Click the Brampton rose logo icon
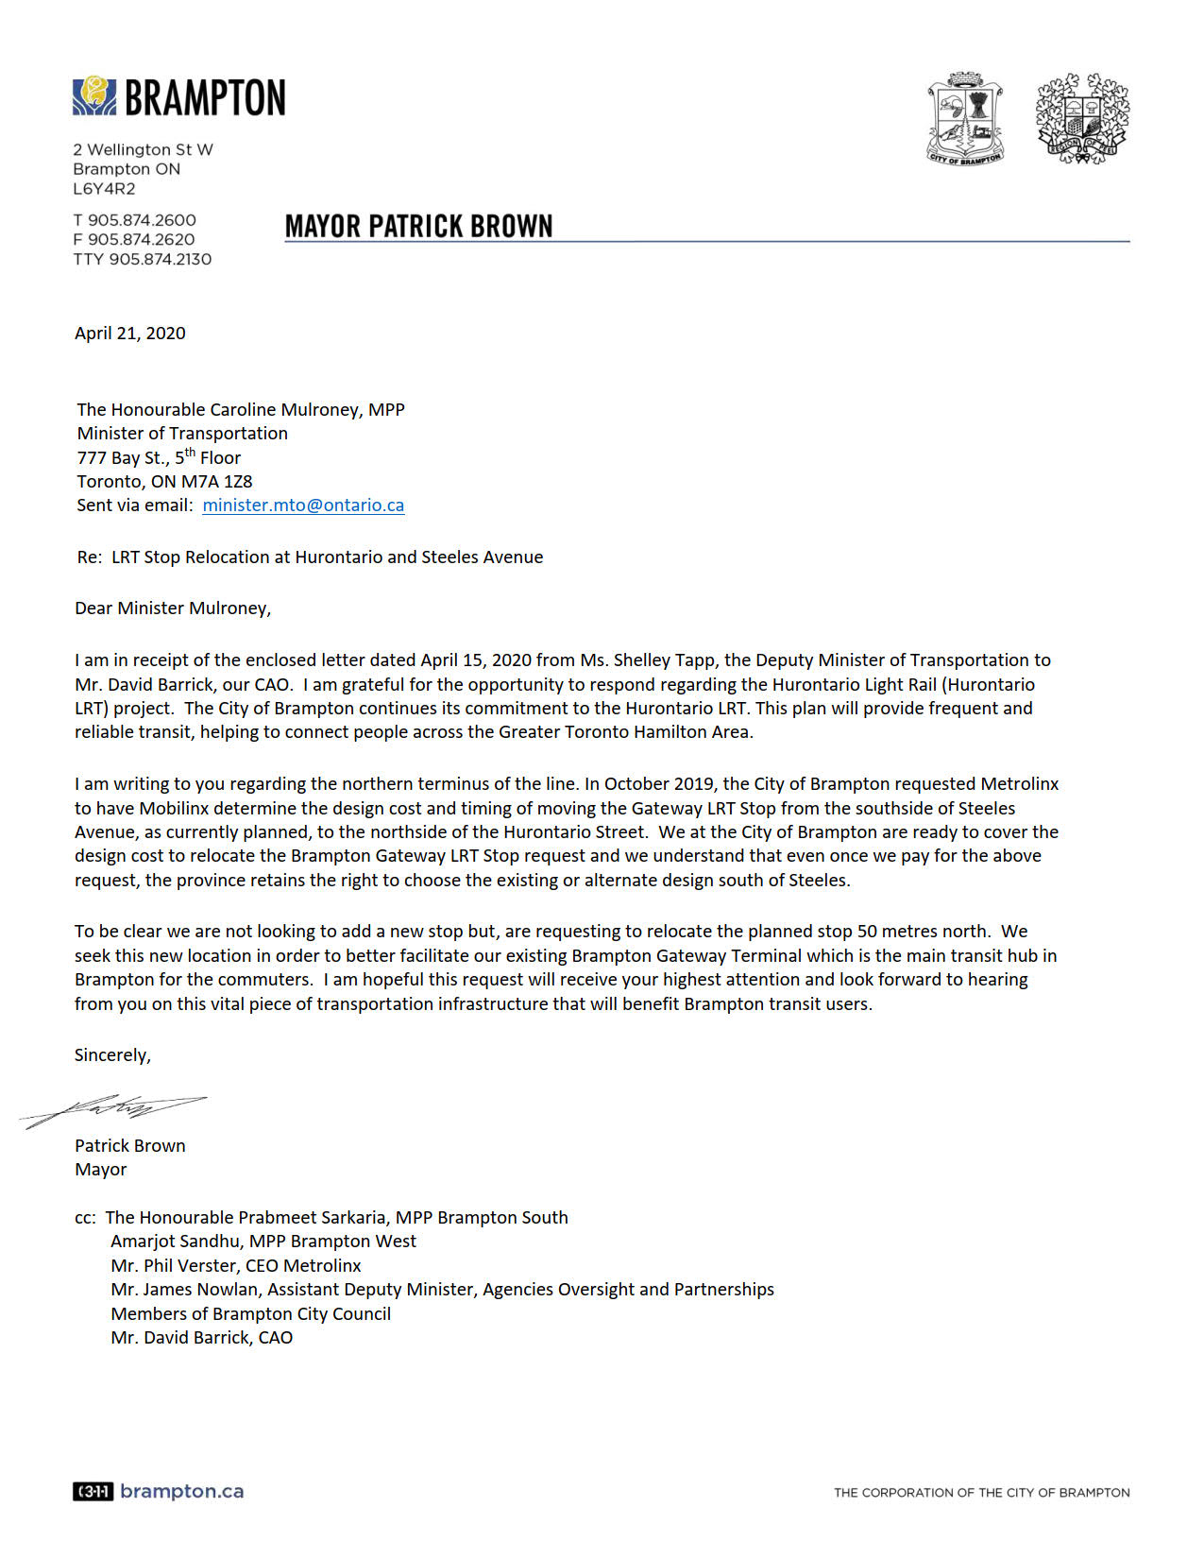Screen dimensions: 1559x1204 94,96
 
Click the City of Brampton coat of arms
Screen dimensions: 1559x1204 965,119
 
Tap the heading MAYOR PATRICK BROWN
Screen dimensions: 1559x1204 418,227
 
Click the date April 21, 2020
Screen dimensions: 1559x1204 130,334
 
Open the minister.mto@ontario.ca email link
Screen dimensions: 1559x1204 303,505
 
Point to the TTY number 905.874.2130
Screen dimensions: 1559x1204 160,260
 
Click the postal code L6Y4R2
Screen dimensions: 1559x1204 104,189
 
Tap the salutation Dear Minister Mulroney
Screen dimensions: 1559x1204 173,608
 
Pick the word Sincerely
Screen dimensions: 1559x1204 112,1055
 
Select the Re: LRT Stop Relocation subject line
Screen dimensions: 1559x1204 310,557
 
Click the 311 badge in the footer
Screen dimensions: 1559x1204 93,1492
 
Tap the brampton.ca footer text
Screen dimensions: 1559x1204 182,1492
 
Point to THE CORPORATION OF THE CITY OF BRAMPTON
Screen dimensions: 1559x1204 981,1493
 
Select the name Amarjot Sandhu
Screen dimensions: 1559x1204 175,1242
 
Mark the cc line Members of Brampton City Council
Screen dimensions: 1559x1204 250,1314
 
